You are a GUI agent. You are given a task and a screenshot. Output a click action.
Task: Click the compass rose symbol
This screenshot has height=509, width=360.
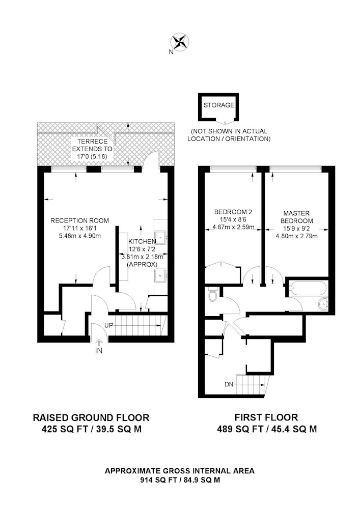[x=180, y=42]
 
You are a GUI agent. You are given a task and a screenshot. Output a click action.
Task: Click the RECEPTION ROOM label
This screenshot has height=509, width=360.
[x=79, y=221]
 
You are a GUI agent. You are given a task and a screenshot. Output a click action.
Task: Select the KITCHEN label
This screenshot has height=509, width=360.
[x=142, y=241]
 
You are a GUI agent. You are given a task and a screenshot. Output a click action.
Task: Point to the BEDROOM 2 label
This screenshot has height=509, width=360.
[x=233, y=212]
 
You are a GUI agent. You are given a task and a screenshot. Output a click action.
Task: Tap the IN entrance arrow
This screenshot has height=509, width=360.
[x=99, y=342]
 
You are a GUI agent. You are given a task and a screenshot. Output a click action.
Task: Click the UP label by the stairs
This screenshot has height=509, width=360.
[x=108, y=325]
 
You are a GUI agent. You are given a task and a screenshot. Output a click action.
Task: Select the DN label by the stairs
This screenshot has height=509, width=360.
[x=229, y=385]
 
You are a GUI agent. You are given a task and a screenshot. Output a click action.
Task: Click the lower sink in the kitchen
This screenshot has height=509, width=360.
[x=161, y=275]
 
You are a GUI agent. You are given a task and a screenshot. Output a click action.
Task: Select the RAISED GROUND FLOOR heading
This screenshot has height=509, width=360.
[x=91, y=417]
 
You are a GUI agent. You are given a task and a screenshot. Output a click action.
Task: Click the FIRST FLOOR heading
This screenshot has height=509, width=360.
[x=266, y=417]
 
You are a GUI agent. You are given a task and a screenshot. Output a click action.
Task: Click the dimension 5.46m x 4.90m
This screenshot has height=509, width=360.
[x=80, y=236]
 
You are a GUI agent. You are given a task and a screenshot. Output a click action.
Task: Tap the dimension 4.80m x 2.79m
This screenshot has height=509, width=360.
[x=297, y=236]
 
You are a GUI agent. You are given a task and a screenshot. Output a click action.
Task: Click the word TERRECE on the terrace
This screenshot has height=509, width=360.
[x=92, y=142]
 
